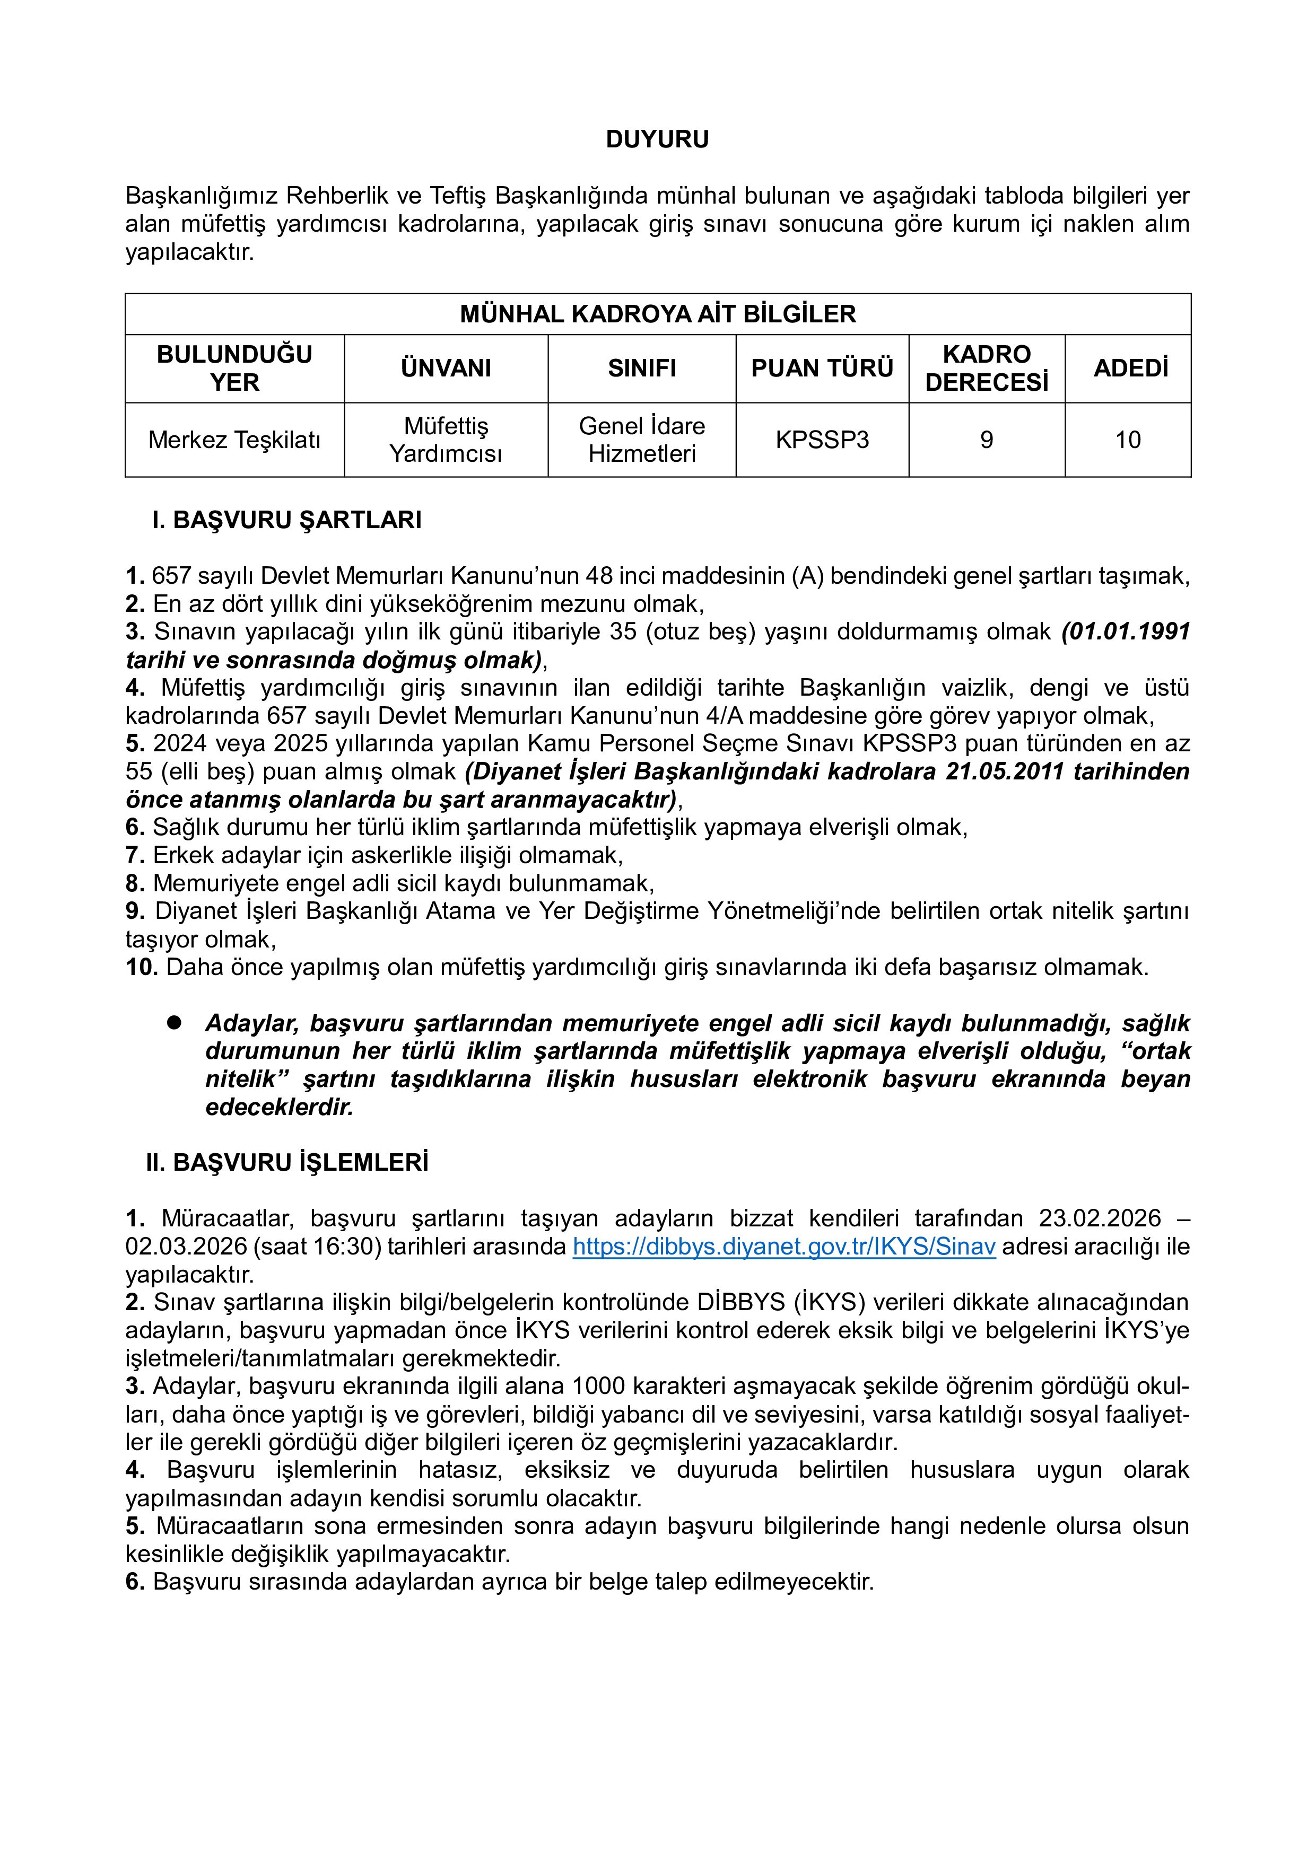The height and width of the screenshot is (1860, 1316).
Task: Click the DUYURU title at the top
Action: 657,139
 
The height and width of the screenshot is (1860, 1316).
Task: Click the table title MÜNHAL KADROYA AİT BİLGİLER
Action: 657,314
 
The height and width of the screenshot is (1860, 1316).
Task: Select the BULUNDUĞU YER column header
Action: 234,369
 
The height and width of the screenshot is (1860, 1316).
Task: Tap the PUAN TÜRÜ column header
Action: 822,369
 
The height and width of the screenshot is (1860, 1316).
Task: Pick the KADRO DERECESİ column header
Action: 986,369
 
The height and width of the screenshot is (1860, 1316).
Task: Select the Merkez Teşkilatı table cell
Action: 234,440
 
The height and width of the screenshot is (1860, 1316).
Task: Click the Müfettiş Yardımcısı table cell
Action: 446,440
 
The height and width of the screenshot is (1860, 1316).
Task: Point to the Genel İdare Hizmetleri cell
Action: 642,440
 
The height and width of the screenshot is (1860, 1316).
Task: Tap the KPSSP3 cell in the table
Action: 822,440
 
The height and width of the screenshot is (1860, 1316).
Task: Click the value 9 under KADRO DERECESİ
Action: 986,440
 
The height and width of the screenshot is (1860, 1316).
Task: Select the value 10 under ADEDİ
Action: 1128,440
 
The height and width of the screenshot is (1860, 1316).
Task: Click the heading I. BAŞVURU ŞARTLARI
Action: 287,520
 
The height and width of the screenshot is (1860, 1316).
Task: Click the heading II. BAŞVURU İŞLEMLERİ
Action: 287,1162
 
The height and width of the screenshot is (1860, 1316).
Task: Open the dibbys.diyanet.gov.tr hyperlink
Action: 783,1247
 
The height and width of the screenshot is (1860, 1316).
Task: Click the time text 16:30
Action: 344,1247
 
